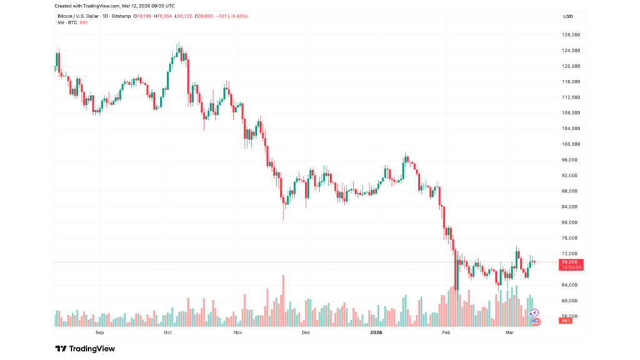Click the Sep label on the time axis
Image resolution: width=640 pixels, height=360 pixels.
pyautogui.click(x=99, y=333)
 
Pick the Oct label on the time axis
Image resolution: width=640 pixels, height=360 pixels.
pyautogui.click(x=167, y=333)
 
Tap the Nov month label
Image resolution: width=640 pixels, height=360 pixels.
pyautogui.click(x=237, y=333)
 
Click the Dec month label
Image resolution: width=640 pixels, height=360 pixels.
pyautogui.click(x=306, y=333)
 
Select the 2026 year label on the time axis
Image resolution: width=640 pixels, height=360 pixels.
pyautogui.click(x=375, y=333)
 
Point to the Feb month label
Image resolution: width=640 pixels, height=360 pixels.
pyautogui.click(x=446, y=333)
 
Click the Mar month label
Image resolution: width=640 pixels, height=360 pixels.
pyautogui.click(x=511, y=333)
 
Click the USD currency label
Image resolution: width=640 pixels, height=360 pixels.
pyautogui.click(x=568, y=16)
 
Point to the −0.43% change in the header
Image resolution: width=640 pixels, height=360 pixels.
pyautogui.click(x=237, y=16)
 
